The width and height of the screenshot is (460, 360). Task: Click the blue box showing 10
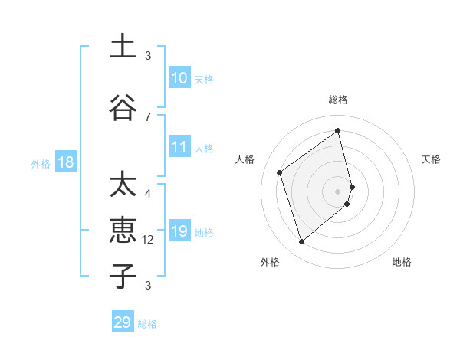click(x=179, y=78)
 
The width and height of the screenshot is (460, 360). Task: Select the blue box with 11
click(x=179, y=147)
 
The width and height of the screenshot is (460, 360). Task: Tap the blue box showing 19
click(x=179, y=231)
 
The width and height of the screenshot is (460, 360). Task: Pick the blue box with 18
click(x=64, y=162)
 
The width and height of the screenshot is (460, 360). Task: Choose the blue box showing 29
click(x=123, y=322)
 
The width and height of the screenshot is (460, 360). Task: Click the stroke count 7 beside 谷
click(x=148, y=116)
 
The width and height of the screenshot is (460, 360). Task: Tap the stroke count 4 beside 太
click(x=148, y=194)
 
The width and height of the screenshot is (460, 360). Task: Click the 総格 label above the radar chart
click(x=338, y=100)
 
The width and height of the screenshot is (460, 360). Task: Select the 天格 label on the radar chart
click(x=432, y=159)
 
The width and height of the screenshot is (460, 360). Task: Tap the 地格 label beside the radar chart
click(x=402, y=263)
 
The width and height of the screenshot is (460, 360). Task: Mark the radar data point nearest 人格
click(x=280, y=172)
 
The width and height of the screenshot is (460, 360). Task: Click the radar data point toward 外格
click(x=301, y=242)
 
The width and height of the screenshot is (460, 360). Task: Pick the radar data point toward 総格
click(x=338, y=131)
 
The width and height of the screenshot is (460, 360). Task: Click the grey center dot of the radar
click(x=338, y=191)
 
